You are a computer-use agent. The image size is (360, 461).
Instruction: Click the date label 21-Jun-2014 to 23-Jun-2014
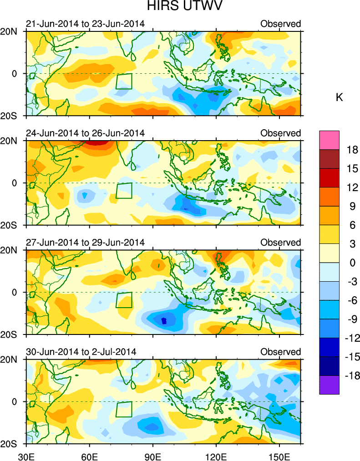click(x=86, y=24)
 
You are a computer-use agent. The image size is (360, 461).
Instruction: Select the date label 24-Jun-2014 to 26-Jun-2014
click(x=86, y=133)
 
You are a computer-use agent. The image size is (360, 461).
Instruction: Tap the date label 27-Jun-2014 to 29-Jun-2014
click(x=86, y=243)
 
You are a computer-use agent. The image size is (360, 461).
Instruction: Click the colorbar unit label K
click(x=339, y=97)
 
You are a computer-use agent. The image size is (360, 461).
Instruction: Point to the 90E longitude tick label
click(x=153, y=456)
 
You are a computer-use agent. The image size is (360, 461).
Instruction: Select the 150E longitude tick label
click(x=279, y=456)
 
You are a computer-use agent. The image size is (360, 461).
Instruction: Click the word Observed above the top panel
click(x=280, y=24)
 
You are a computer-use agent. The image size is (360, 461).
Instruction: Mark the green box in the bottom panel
click(x=123, y=409)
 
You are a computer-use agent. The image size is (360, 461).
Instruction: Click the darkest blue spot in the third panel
click(x=164, y=321)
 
